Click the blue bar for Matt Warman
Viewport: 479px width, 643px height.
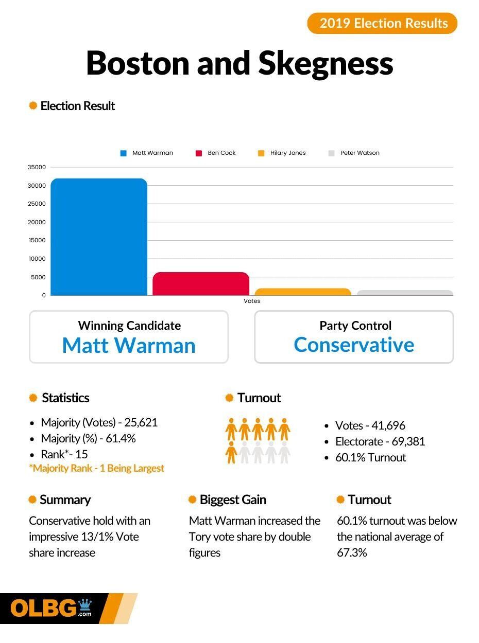99,237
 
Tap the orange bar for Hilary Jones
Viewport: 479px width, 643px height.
303,292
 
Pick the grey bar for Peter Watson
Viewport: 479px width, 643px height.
405,293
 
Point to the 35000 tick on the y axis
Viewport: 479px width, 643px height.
37,167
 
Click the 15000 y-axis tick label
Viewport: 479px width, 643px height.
37,240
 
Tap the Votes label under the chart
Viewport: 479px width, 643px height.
252,301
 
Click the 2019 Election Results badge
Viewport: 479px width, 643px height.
382,23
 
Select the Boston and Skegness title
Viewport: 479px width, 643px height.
239,63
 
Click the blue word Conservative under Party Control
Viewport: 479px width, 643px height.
354,345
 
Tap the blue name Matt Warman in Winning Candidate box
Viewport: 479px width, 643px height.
129,345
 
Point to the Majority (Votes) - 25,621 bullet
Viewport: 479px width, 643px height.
99,422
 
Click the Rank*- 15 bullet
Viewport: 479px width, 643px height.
64,454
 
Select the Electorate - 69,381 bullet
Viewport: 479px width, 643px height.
380,441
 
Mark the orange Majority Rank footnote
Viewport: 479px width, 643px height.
96,468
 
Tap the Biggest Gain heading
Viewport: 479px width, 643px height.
233,499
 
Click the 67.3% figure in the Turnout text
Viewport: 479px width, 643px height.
352,552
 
